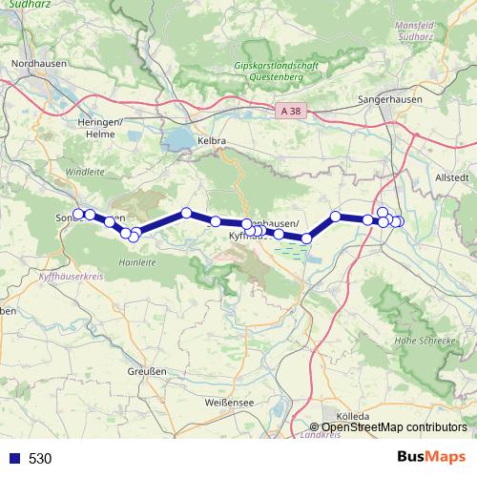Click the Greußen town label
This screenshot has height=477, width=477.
pos(146,371)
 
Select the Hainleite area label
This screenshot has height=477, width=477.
pos(137,259)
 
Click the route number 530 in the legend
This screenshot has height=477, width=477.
pos(40,459)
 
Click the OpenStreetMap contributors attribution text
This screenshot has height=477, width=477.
pos(393,427)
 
